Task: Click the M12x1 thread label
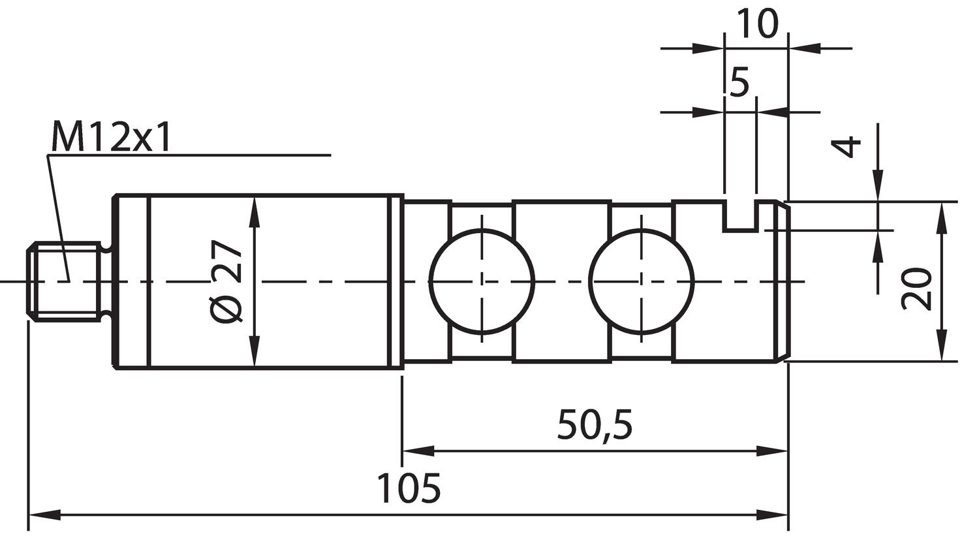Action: coord(111,137)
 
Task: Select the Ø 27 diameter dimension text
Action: coord(226,281)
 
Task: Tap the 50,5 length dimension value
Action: coord(595,424)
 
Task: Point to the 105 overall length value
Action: coord(409,488)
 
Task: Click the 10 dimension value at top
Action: coord(756,24)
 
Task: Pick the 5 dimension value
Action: coord(739,82)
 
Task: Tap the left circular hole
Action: coord(482,281)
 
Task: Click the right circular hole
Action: coord(642,281)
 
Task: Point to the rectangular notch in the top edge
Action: coord(740,216)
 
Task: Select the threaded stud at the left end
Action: coord(65,282)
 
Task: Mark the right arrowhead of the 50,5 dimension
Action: coord(773,450)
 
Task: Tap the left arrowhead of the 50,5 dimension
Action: coord(418,450)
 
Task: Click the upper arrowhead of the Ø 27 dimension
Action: coord(255,212)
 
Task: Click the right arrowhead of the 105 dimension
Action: coord(773,515)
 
